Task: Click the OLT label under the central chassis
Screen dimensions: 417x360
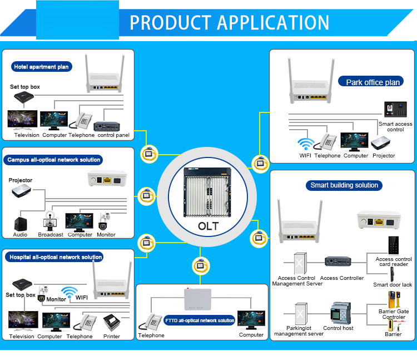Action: [x=209, y=226]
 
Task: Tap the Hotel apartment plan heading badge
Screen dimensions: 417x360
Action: [x=42, y=67]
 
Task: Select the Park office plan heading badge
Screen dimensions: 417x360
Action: [x=371, y=82]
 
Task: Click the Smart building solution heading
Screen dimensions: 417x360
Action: [x=344, y=185]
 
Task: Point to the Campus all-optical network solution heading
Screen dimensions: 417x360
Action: [x=53, y=160]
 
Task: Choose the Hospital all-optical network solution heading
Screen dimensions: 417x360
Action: [x=54, y=257]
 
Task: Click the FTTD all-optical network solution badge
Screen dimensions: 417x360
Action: [x=200, y=320]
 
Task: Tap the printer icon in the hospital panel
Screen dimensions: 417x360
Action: [x=112, y=323]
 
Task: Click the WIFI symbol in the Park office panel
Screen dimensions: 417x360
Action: [x=306, y=144]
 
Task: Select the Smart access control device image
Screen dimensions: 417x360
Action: [x=395, y=110]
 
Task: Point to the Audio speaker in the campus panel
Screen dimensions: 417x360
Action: [x=21, y=224]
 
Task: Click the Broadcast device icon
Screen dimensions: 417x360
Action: [x=50, y=221]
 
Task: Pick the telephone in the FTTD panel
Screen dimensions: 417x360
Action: [x=150, y=322]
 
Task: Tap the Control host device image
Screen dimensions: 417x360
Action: [x=340, y=313]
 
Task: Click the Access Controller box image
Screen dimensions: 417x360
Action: [x=337, y=262]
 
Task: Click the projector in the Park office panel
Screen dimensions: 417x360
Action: [x=380, y=143]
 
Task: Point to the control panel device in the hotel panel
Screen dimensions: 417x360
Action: [x=107, y=126]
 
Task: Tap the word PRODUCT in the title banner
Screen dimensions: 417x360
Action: [x=171, y=22]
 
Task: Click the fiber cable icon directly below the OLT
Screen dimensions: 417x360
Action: [x=201, y=266]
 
